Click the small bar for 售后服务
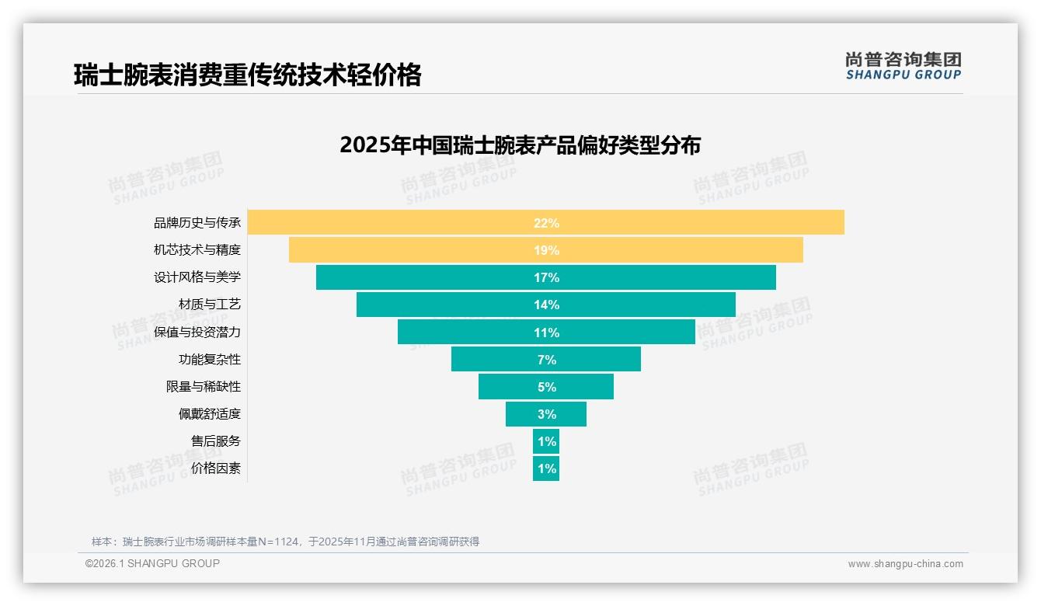coord(546,441)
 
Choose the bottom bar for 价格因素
coord(546,468)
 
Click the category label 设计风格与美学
coord(197,277)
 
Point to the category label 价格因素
coord(216,468)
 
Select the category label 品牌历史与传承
coord(197,223)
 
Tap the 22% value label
coord(546,223)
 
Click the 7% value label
coord(546,360)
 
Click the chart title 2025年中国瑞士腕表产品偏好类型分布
coord(520,145)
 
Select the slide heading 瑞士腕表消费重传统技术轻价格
coord(248,75)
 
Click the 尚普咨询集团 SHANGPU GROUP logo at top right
coord(903,66)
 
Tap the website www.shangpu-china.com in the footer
coord(905,564)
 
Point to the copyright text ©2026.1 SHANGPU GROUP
coord(152,563)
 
